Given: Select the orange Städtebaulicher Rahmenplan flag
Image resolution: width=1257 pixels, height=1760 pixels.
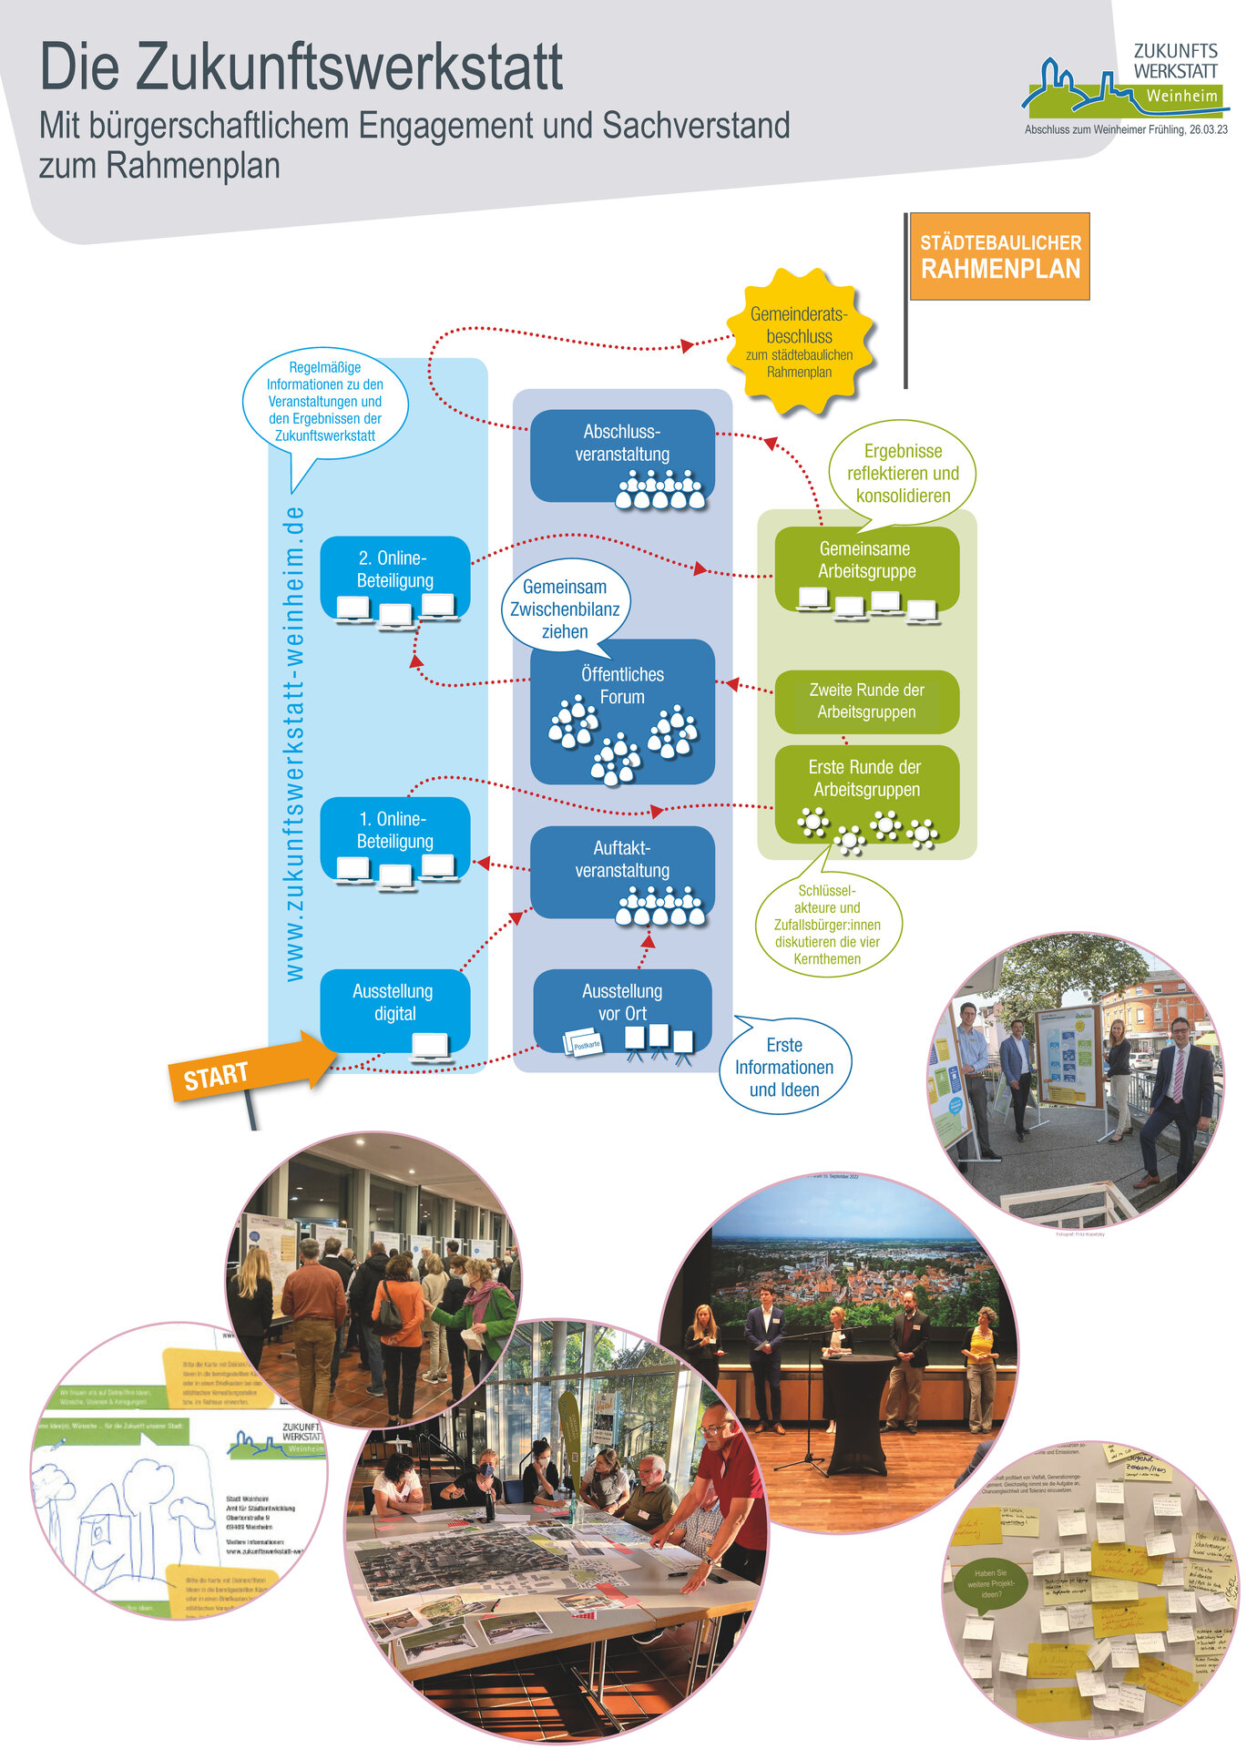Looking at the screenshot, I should [x=999, y=256].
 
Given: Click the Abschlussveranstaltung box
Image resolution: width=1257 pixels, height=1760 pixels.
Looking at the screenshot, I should [x=622, y=455].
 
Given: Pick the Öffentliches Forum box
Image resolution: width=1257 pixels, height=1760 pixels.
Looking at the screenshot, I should [x=622, y=711].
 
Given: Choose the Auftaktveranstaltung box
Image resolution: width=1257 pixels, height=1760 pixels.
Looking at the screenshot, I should [x=622, y=871].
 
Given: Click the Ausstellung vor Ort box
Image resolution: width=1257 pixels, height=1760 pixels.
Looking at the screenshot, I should [x=622, y=1010].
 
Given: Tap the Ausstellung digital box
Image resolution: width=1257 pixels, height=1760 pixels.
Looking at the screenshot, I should [x=394, y=1010].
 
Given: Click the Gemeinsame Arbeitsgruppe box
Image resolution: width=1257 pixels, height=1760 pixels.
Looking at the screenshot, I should [x=866, y=569].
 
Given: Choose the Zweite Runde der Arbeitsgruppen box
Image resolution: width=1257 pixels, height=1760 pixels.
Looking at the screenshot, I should [x=866, y=701].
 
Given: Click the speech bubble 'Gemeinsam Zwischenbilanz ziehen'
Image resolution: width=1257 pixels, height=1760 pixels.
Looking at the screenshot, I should [x=565, y=608].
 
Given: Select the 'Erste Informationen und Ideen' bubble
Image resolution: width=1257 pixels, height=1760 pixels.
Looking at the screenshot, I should [x=784, y=1067].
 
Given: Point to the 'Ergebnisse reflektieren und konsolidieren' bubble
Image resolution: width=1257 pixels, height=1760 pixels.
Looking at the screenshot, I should [x=903, y=473].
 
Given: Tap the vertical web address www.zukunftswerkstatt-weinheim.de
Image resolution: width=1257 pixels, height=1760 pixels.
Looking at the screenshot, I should [x=293, y=742].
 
